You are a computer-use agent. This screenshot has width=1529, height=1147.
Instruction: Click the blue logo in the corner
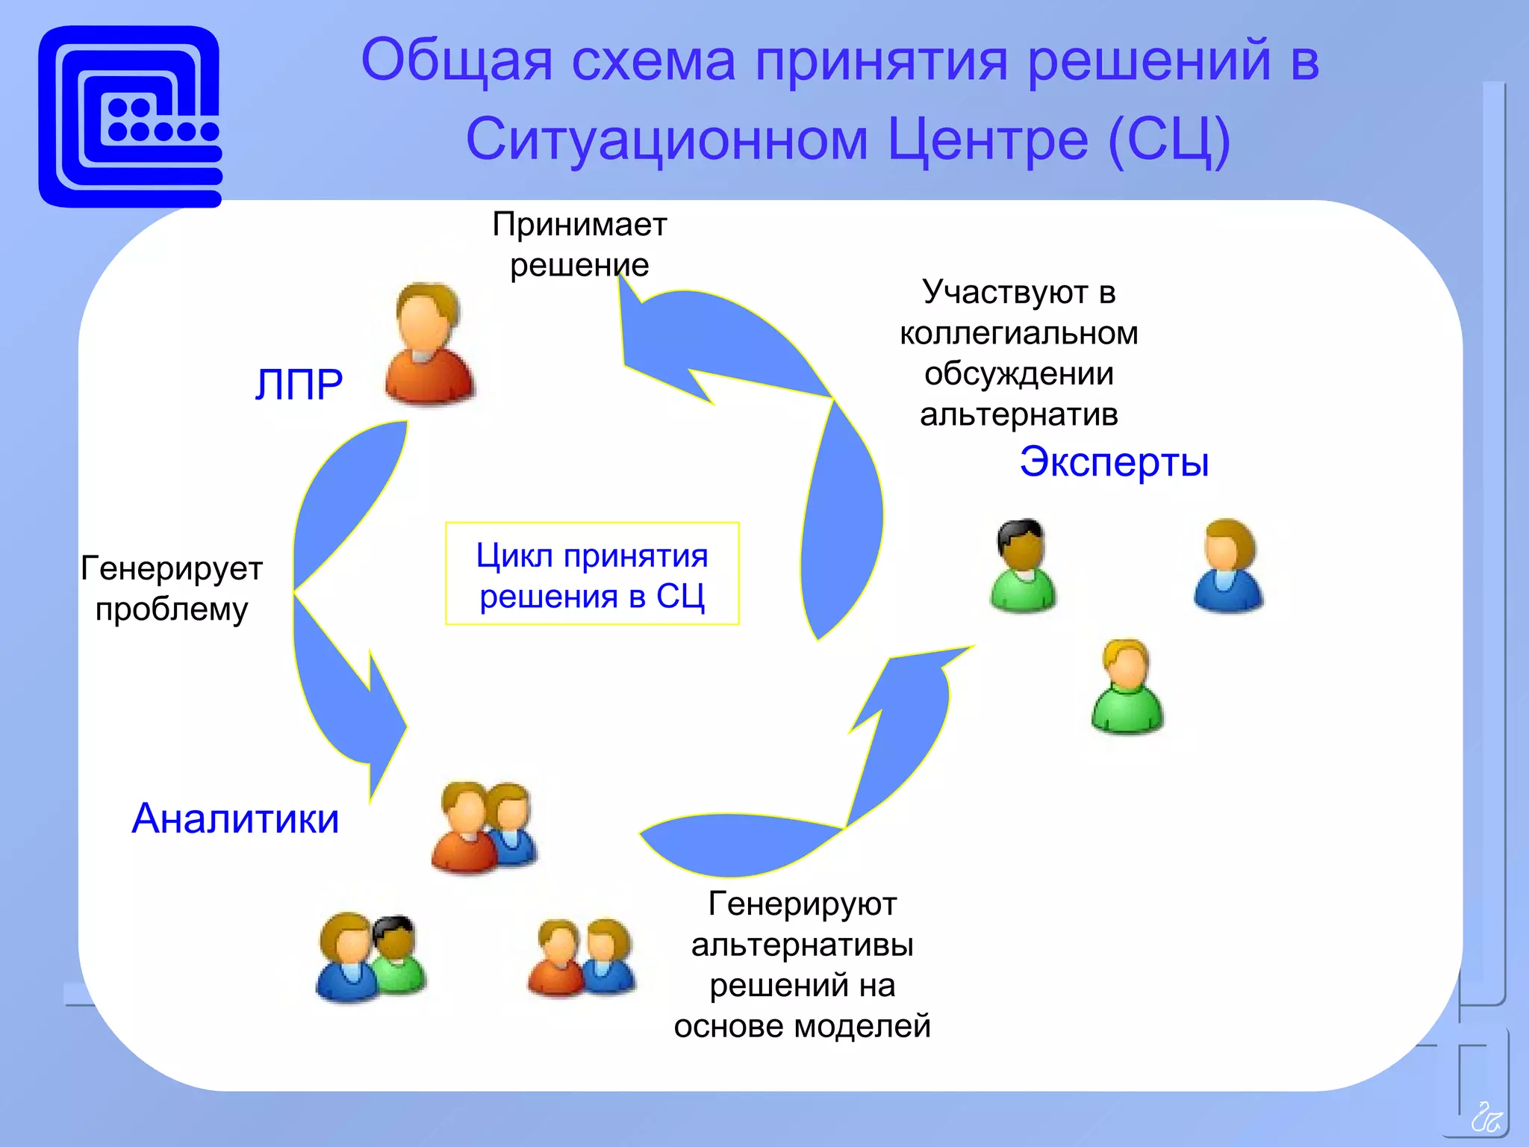tap(130, 116)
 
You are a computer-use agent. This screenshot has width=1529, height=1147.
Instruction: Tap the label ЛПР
tap(299, 385)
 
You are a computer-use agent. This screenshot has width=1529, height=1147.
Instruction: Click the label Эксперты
tap(1113, 461)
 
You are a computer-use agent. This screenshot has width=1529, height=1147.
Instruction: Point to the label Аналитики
tap(235, 818)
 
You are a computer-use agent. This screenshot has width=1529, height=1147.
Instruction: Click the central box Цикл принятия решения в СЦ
tap(592, 574)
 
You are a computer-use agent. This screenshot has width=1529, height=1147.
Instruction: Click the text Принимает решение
tap(579, 244)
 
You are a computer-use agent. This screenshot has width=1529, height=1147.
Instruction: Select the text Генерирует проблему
tap(172, 588)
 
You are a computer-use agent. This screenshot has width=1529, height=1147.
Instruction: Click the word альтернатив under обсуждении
tap(1019, 414)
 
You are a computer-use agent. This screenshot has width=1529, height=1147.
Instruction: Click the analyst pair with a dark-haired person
tap(371, 958)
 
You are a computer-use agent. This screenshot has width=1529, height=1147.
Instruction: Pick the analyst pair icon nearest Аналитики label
tap(485, 827)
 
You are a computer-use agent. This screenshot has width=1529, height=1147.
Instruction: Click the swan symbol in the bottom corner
tap(1486, 1117)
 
